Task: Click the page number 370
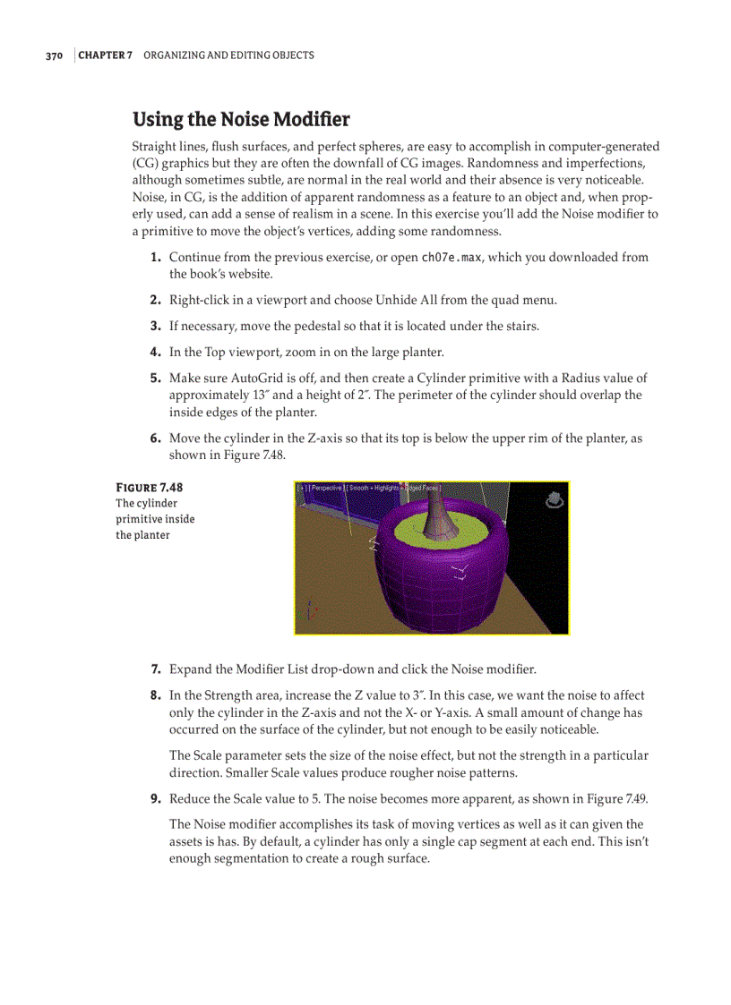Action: (x=54, y=55)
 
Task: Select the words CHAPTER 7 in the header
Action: (x=105, y=55)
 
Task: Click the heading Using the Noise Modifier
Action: (x=241, y=119)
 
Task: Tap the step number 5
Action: (x=155, y=379)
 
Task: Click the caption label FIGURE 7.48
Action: (x=149, y=488)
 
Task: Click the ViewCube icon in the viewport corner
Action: (x=555, y=499)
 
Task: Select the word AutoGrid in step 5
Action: (x=261, y=379)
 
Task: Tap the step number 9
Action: (x=155, y=798)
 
